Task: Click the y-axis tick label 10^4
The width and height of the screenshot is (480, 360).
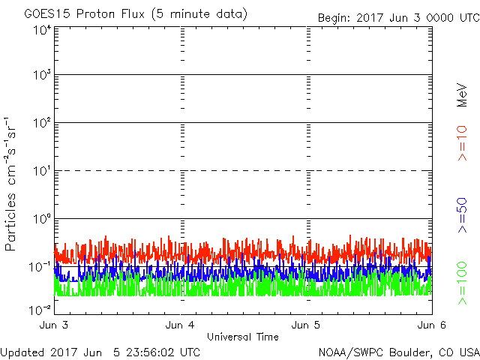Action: pyautogui.click(x=41, y=30)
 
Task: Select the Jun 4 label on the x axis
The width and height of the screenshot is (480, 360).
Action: pyautogui.click(x=181, y=325)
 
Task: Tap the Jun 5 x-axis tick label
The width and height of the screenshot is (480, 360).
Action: pyautogui.click(x=307, y=325)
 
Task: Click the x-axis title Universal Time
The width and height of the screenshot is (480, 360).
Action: pyautogui.click(x=243, y=337)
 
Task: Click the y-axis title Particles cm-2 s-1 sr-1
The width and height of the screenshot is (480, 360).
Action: pyautogui.click(x=13, y=184)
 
